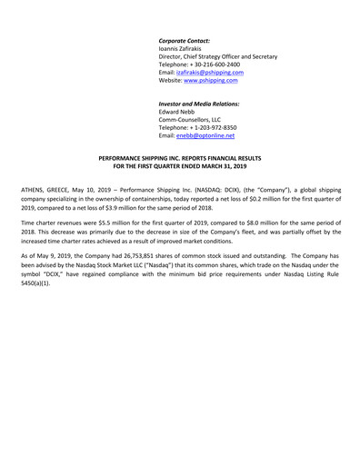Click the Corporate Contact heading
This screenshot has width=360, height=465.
[x=185, y=41]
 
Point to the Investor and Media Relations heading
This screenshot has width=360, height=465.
[x=199, y=104]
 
